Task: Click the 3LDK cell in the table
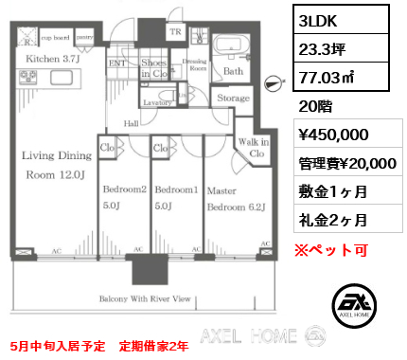pyautogui.click(x=318, y=17)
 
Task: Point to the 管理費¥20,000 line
pyautogui.click(x=346, y=163)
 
